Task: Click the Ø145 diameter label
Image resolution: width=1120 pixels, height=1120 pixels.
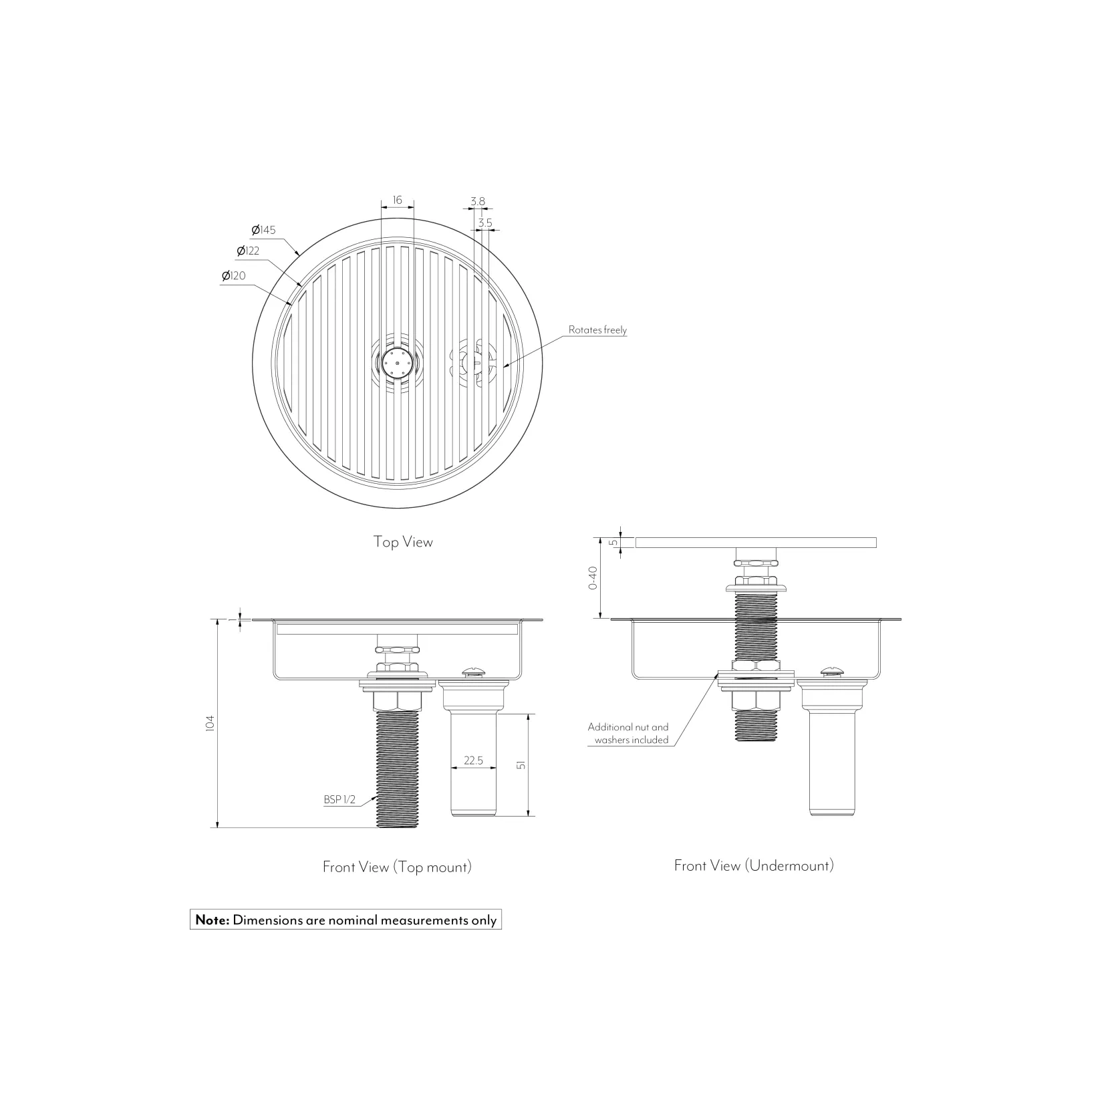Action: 263,230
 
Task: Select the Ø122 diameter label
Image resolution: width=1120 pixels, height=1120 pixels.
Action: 248,251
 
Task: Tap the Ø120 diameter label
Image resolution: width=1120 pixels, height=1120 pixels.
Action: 233,275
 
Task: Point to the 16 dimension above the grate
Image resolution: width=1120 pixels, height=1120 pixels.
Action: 398,200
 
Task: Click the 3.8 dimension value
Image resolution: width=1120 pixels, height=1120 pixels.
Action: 477,201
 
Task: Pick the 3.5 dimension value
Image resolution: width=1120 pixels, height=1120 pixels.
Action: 485,223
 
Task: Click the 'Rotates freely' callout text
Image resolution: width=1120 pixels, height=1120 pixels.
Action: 597,329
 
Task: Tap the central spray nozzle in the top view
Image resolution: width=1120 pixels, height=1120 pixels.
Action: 397,363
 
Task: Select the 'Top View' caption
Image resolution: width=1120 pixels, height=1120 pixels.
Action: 403,541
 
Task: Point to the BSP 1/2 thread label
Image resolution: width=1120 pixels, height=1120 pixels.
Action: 339,800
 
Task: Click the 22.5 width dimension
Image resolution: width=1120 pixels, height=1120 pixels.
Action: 473,760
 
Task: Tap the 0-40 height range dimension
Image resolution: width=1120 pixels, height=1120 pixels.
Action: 593,577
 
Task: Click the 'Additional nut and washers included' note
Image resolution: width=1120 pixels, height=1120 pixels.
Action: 628,733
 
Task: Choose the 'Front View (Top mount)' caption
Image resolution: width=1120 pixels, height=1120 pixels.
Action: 397,867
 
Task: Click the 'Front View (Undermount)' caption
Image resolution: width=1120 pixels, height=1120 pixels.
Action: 754,865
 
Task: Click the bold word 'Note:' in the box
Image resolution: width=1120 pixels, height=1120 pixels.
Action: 212,920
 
